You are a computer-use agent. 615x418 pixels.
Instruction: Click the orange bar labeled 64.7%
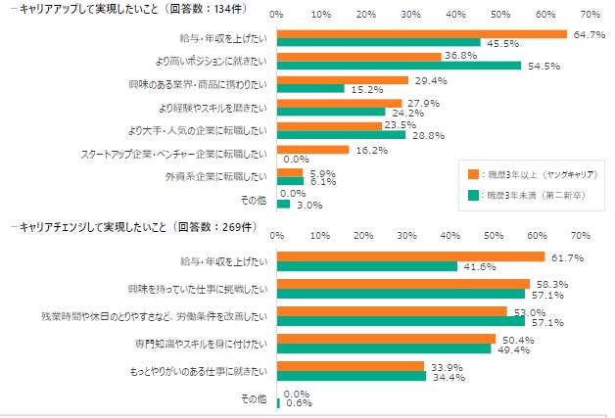pos(422,34)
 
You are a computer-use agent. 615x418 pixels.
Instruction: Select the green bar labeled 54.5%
pos(399,66)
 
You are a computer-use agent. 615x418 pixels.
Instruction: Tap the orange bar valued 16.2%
pos(313,150)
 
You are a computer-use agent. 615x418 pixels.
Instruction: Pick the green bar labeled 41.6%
pos(367,266)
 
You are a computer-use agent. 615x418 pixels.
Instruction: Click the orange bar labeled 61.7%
pos(410,256)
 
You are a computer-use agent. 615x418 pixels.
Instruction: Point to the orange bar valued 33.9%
pos(351,366)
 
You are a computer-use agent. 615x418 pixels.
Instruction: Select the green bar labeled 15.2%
pos(310,89)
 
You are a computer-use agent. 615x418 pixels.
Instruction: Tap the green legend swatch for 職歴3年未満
pos(473,193)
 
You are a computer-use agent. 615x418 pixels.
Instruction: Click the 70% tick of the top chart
pos(590,16)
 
